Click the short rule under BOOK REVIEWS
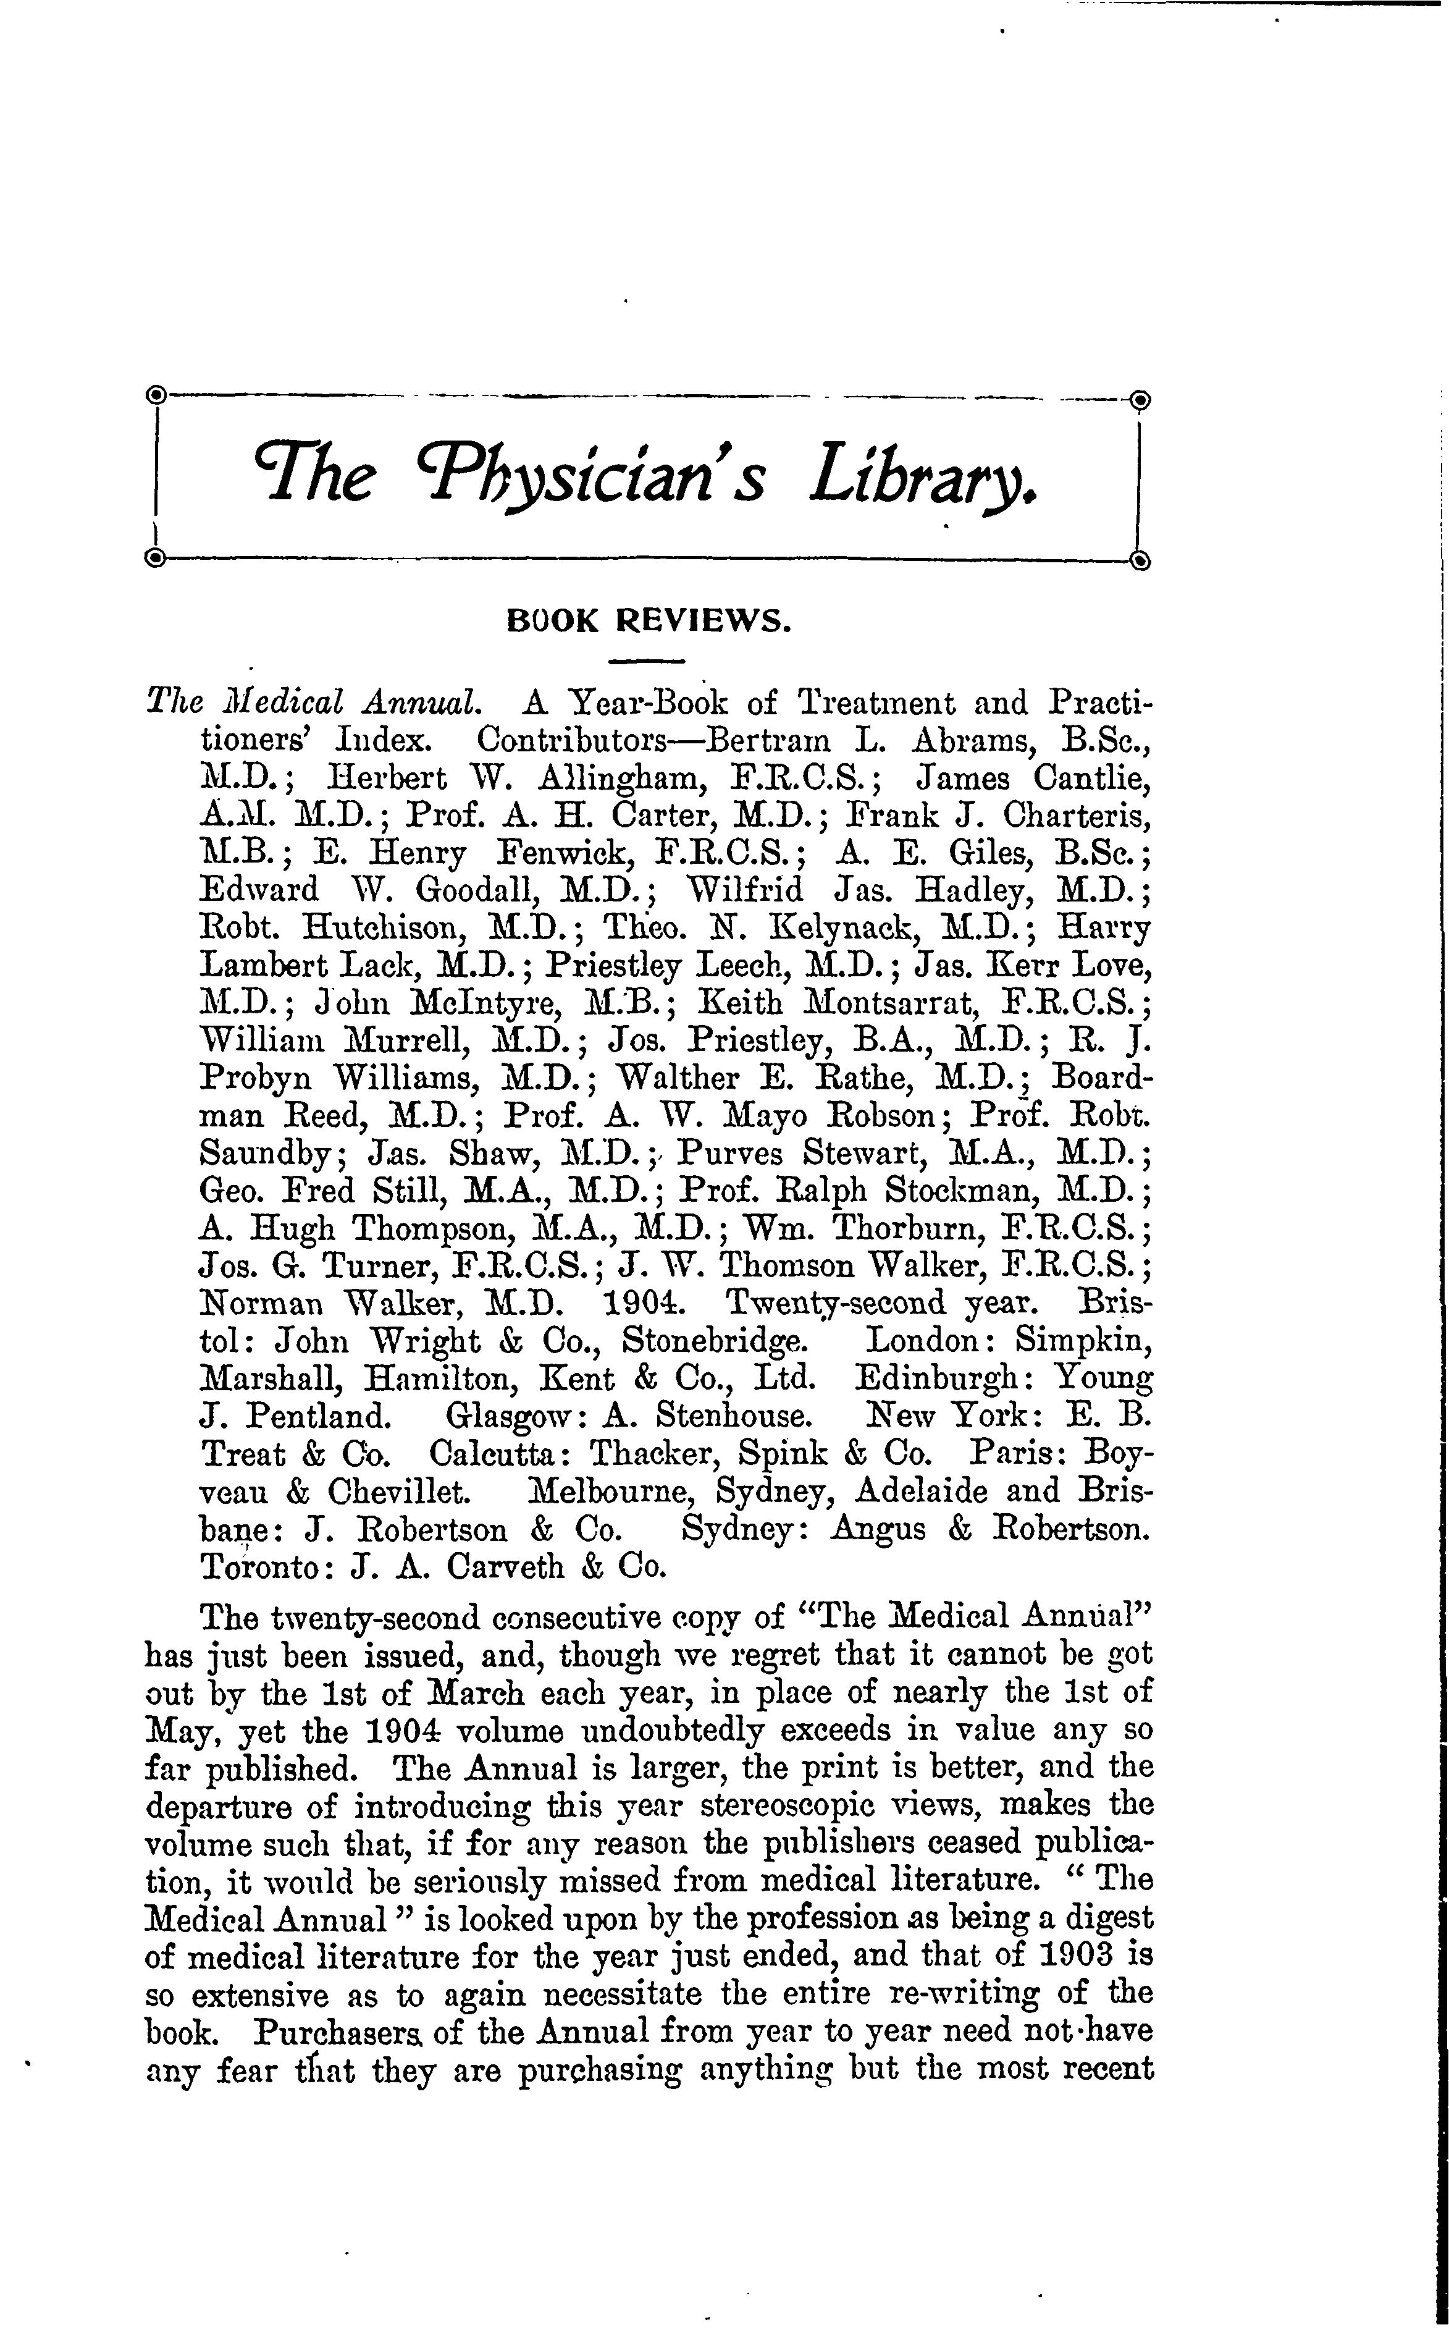[x=649, y=661]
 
